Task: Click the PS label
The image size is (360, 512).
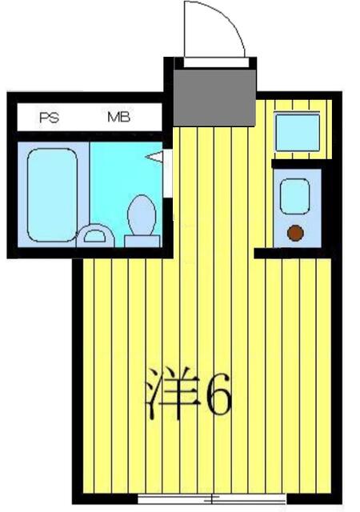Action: pos(48,118)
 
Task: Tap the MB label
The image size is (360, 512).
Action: pos(119,118)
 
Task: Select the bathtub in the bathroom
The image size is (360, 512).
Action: pos(53,194)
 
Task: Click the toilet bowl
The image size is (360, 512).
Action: pos(142,216)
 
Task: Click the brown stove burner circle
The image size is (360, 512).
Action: pos(295,234)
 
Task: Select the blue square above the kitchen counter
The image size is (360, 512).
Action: pos(297,132)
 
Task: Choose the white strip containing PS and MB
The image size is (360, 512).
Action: pos(88,118)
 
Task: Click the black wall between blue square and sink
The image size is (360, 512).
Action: pos(298,163)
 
